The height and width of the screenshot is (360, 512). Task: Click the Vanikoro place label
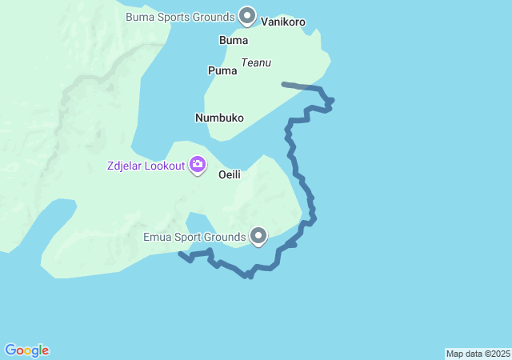coord(283,23)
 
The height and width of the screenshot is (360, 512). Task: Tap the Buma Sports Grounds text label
coord(180,16)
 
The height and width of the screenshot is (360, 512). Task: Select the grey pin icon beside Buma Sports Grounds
coord(248,16)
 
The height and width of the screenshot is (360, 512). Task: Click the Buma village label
coord(233,40)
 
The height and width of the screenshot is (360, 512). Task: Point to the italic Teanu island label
coord(256,62)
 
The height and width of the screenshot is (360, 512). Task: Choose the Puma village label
coord(222,70)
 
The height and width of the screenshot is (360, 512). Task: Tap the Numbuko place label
coord(219,118)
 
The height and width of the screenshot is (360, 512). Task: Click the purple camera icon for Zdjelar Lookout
coord(197,166)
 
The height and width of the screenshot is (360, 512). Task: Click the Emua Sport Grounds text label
coord(194,237)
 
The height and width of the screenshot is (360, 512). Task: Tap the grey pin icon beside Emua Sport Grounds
coord(258,236)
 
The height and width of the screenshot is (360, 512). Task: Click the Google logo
coord(27,350)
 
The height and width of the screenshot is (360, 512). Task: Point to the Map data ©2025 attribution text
coord(478,354)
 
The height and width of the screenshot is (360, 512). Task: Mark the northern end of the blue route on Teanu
coord(284,83)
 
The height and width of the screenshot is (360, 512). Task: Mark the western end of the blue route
coord(180,254)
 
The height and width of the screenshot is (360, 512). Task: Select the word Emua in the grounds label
coord(158,237)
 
